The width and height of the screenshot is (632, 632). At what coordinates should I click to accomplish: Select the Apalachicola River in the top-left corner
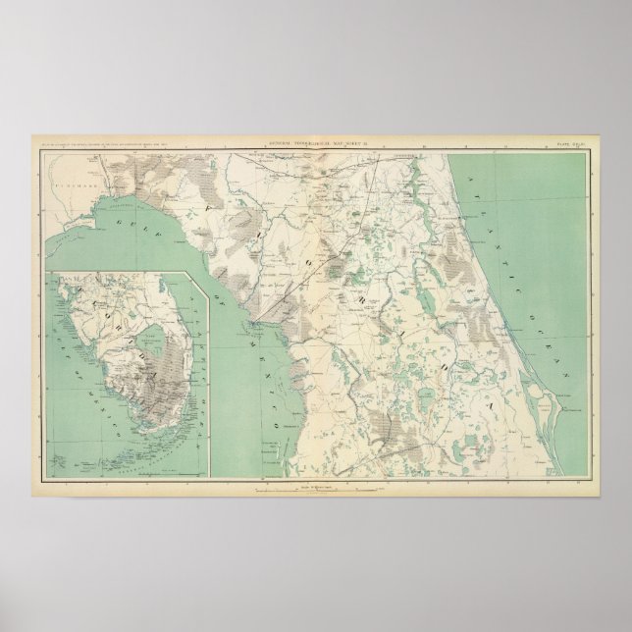point(70,191)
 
